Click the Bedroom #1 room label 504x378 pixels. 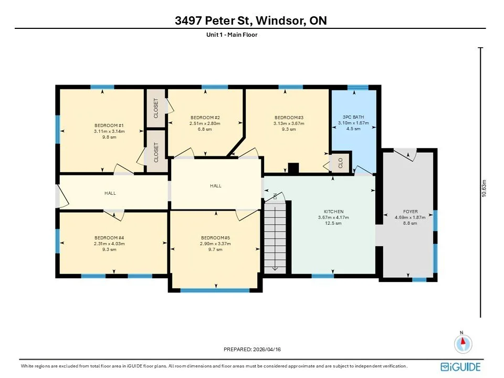109,125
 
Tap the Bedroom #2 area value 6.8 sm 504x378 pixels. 205,129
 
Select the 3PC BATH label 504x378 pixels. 353,117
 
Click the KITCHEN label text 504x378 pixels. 334,212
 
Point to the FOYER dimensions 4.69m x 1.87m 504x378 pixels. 410,217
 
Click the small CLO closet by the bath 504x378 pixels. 340,163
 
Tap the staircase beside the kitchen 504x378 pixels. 275,237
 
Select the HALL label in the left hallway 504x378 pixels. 110,193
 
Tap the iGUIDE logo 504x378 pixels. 460,367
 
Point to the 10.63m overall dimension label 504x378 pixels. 485,188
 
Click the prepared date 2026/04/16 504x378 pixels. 267,350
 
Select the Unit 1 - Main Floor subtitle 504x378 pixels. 232,35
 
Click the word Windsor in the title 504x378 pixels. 280,20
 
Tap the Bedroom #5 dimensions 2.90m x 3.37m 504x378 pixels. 215,244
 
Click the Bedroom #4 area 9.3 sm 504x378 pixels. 109,249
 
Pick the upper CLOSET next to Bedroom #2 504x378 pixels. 156,108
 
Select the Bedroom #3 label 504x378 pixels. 289,118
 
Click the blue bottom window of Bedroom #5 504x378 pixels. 215,290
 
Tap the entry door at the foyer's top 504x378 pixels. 405,153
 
